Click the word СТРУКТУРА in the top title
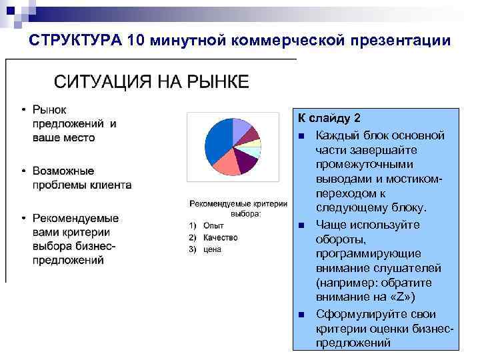[75, 41]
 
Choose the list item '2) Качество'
[213, 237]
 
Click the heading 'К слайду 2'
[329, 119]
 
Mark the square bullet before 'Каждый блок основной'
[302, 136]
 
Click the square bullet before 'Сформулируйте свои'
[302, 314]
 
